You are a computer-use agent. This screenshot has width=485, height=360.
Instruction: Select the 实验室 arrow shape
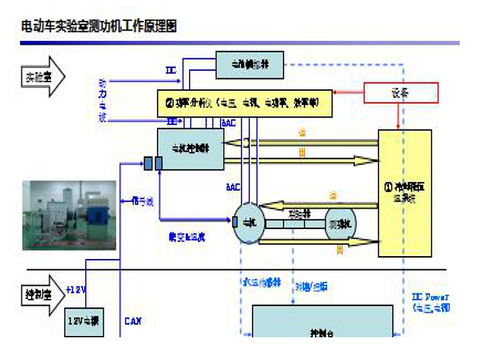coord(39,76)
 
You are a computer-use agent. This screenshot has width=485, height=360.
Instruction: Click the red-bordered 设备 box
coord(400,92)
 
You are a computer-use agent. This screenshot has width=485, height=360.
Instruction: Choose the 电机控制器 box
coord(191,149)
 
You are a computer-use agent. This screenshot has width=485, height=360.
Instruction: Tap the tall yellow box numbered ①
coord(405,194)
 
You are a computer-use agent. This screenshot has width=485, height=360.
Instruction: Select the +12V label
coord(76,289)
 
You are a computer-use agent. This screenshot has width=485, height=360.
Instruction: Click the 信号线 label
coord(143,201)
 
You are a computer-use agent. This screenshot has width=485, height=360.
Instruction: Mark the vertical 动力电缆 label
coord(103,100)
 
